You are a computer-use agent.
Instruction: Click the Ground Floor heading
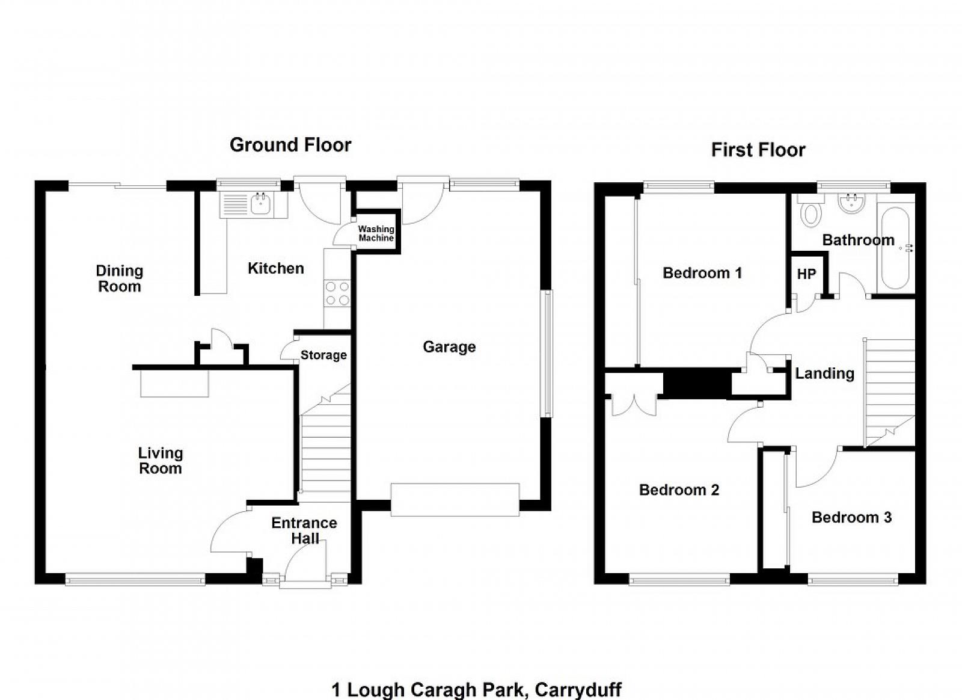[x=290, y=145]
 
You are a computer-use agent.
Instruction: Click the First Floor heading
[x=758, y=150]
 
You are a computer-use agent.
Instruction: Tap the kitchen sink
[x=260, y=204]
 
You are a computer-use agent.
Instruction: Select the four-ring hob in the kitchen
[x=337, y=293]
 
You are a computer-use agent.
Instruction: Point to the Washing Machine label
[x=376, y=233]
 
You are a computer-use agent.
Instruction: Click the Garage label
[x=449, y=347]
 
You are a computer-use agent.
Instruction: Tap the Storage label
[x=323, y=355]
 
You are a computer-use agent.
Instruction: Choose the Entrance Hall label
[x=304, y=530]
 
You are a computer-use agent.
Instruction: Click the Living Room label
[x=160, y=461]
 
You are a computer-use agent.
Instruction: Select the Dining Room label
[x=120, y=278]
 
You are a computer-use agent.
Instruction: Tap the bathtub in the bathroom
[x=895, y=248]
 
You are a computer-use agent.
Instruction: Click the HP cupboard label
[x=806, y=274]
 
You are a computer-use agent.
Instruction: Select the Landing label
[x=824, y=373]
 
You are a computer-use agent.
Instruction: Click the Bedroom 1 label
[x=702, y=273]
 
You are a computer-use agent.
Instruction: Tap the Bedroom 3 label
[x=851, y=518]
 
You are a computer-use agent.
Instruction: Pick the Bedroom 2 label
[x=679, y=490]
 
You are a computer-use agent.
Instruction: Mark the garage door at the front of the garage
[x=455, y=500]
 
